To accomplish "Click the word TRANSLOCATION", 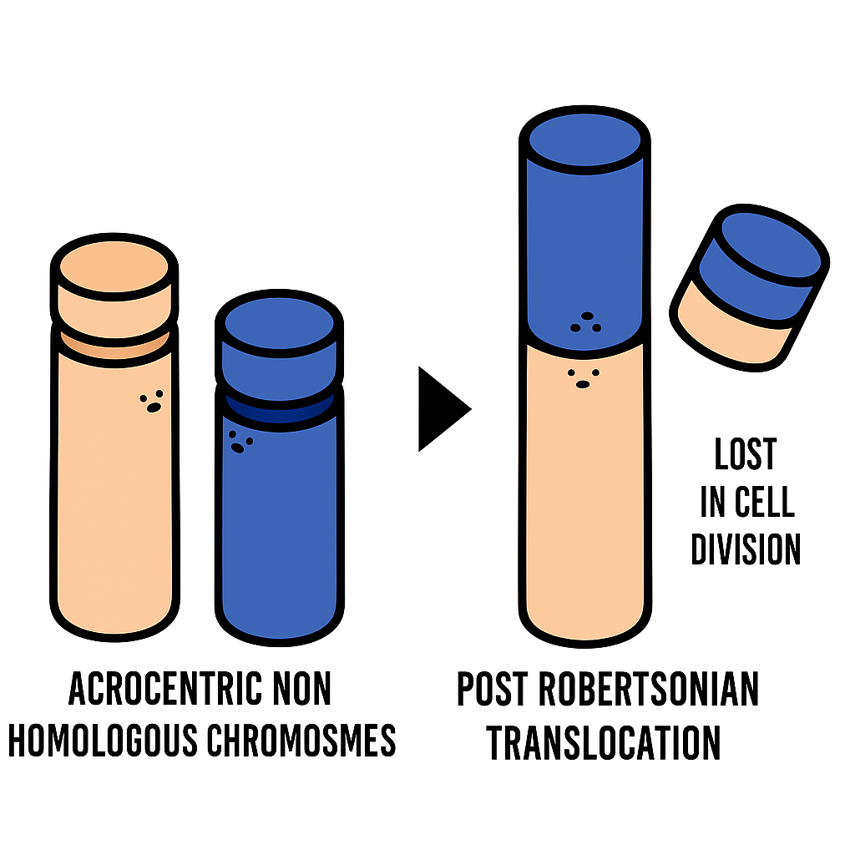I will tap(604, 742).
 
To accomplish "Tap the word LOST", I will tap(746, 455).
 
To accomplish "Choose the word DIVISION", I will tap(746, 549).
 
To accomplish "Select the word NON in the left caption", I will tap(302, 690).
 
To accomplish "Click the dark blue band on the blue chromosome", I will tap(279, 411).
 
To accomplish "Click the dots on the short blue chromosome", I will tap(240, 441).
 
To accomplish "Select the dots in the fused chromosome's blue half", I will tap(585, 322).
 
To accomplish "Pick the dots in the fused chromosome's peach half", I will tap(583, 377).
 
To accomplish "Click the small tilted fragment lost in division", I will tap(748, 284).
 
